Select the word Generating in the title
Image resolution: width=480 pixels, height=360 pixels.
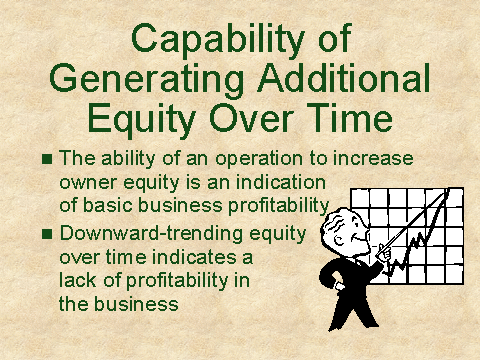pyautogui.click(x=147, y=79)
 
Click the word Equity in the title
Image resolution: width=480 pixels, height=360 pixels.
pyautogui.click(x=142, y=118)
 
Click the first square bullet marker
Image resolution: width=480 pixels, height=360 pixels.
pyautogui.click(x=47, y=159)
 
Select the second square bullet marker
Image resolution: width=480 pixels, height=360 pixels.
pyautogui.click(x=47, y=234)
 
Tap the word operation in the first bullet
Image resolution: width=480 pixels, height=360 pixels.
pyautogui.click(x=260, y=159)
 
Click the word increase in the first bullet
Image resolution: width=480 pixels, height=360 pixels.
pyautogui.click(x=373, y=158)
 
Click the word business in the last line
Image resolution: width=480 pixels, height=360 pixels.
pyautogui.click(x=136, y=303)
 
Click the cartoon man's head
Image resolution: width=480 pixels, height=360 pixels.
pyautogui.click(x=345, y=231)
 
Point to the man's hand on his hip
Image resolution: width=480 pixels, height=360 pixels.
pyautogui.click(x=339, y=286)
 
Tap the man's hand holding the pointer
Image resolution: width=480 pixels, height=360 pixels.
pyautogui.click(x=384, y=254)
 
